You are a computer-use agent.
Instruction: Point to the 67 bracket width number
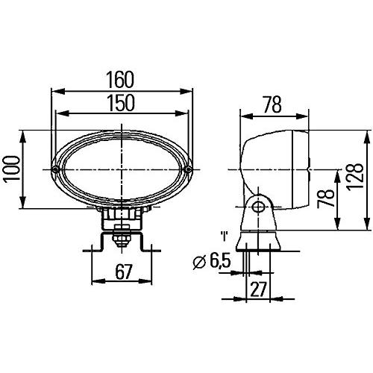tap(124, 273)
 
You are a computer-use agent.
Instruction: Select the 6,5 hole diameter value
tap(219, 262)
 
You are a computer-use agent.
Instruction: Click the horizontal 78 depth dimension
tap(272, 105)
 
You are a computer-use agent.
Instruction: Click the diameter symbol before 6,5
tap(198, 262)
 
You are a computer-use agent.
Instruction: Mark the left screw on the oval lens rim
tap(55, 169)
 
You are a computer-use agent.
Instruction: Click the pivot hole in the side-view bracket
tap(258, 207)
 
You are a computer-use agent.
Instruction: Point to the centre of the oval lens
tap(123, 169)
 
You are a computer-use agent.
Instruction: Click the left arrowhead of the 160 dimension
tap(54, 91)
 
